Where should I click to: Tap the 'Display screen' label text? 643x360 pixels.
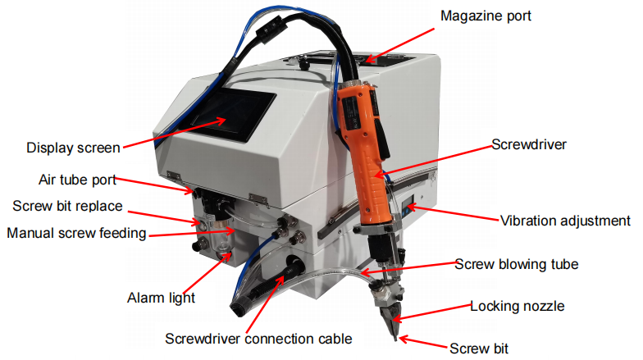point(73,148)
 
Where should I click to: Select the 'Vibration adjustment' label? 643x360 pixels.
point(565,221)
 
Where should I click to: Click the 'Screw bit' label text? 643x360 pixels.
point(479,348)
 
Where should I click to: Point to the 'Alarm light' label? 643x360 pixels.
point(161,298)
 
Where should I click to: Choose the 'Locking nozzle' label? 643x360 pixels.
point(517,307)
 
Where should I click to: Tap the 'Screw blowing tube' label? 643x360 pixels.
point(518,264)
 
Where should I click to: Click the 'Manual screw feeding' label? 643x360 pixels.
point(76,233)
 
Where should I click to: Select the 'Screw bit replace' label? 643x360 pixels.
point(68,205)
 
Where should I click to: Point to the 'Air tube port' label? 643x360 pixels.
point(77,179)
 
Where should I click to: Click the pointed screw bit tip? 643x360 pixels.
point(397,335)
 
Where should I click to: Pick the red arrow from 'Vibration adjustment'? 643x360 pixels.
point(451,215)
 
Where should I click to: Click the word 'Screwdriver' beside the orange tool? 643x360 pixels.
point(529,145)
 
